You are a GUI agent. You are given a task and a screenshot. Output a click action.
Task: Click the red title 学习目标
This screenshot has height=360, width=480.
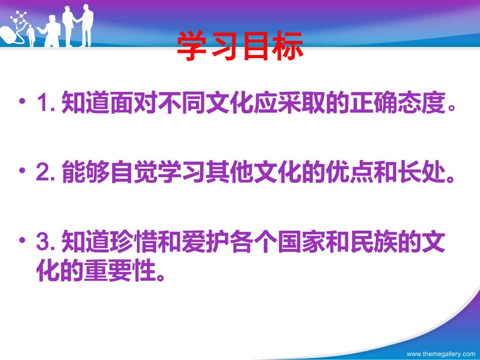click(x=241, y=47)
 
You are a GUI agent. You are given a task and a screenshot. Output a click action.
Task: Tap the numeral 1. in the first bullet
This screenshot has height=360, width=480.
click(x=46, y=105)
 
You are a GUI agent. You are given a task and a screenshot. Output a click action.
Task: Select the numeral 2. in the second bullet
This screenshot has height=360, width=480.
click(x=47, y=175)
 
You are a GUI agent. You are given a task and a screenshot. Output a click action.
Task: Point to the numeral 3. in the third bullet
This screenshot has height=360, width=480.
click(x=47, y=245)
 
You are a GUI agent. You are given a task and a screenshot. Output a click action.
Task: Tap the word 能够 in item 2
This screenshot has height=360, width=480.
click(x=81, y=175)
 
